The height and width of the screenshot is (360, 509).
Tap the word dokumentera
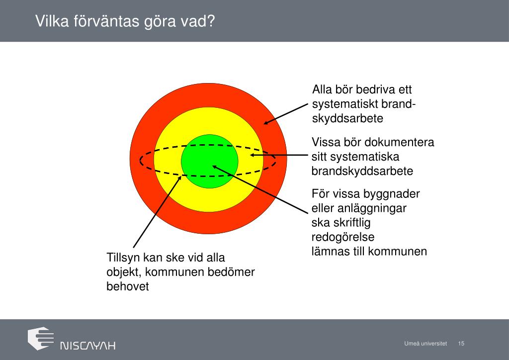pyautogui.click(x=399, y=143)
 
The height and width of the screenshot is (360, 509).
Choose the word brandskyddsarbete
pyautogui.click(x=362, y=171)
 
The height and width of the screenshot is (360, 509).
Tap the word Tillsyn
pyautogui.click(x=123, y=258)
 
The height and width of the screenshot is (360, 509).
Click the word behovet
pyautogui.click(x=128, y=287)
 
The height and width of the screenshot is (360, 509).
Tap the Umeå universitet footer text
pyautogui.click(x=425, y=344)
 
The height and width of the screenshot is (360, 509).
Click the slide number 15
pyautogui.click(x=461, y=344)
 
